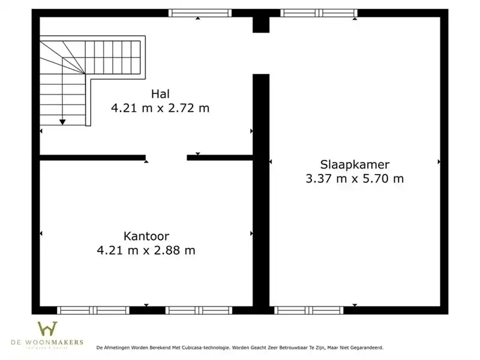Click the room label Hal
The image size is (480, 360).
pos(160,93)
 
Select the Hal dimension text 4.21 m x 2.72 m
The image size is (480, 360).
pos(160,108)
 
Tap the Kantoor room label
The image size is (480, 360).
pos(146,235)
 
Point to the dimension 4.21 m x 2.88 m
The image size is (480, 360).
pos(146,250)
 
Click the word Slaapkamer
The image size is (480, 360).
pos(355,164)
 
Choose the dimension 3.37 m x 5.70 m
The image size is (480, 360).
pos(355,178)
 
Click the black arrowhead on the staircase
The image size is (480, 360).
pos(62,122)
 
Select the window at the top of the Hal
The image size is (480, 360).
pos(200,13)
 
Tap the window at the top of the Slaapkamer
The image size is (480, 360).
pos(319,13)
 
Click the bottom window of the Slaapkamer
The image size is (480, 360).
pos(309,310)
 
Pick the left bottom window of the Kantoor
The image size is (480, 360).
pos(93,310)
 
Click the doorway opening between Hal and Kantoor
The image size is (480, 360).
pos(166,158)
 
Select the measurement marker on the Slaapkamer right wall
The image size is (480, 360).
pos(439,161)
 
